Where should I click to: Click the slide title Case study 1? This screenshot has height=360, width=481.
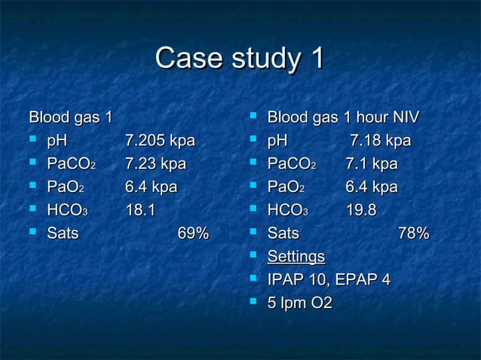(x=240, y=59)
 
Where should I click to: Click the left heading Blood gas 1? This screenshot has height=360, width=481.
(x=70, y=118)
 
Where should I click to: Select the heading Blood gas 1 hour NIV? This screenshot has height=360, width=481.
(x=343, y=118)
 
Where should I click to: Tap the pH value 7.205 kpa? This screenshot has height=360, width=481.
(x=160, y=141)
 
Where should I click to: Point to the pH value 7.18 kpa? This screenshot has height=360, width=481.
(x=380, y=141)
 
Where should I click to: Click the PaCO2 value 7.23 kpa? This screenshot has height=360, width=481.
(x=155, y=164)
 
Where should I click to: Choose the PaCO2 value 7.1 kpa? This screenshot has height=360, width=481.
(x=372, y=164)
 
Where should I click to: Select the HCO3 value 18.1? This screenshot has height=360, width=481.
(x=140, y=210)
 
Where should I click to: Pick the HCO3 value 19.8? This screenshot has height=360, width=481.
(x=361, y=210)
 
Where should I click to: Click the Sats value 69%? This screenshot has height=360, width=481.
(x=193, y=233)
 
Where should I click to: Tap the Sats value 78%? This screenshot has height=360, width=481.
(x=413, y=233)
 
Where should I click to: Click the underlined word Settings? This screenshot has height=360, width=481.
(x=296, y=257)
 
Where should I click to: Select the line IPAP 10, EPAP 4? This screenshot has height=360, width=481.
(x=329, y=280)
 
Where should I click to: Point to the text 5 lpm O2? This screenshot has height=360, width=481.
(x=300, y=303)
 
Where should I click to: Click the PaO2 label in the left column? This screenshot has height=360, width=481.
(x=66, y=188)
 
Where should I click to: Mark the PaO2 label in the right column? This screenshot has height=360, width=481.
(x=286, y=188)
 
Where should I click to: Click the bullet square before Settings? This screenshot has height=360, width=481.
(x=254, y=256)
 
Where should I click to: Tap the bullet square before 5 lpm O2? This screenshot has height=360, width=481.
(x=254, y=302)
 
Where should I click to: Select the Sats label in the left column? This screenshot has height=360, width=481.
(x=63, y=233)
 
